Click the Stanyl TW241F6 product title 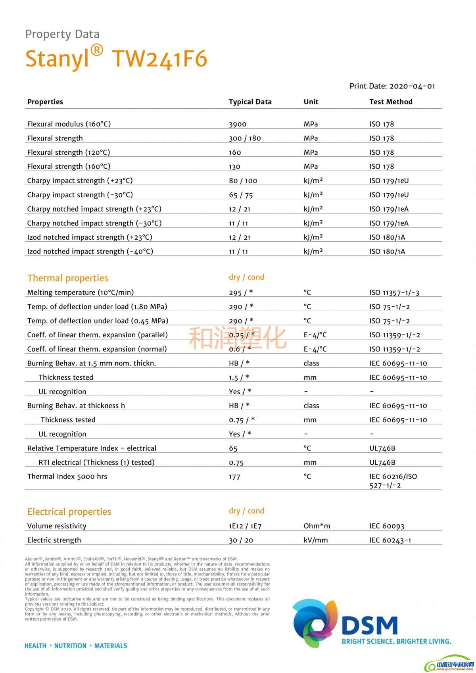pyautogui.click(x=116, y=59)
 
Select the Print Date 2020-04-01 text pyautogui.click(x=392, y=86)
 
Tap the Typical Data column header pyautogui.click(x=250, y=102)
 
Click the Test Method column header pyautogui.click(x=391, y=102)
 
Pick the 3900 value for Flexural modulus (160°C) pyautogui.click(x=237, y=124)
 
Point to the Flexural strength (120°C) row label pyautogui.click(x=68, y=152)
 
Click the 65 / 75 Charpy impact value pyautogui.click(x=240, y=195)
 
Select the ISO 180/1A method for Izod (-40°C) pyautogui.click(x=387, y=252)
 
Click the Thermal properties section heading pyautogui.click(x=67, y=278)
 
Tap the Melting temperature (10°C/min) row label pyautogui.click(x=80, y=292)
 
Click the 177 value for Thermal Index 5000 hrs pyautogui.click(x=234, y=477)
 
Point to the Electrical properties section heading pyautogui.click(x=69, y=512)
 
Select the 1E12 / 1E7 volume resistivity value pyautogui.click(x=245, y=526)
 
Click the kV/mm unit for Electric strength pyautogui.click(x=315, y=540)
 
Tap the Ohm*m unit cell pyautogui.click(x=317, y=526)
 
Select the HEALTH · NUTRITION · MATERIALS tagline pyautogui.click(x=76, y=646)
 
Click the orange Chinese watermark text pyautogui.click(x=237, y=338)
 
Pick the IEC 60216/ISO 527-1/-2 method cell pyautogui.click(x=393, y=481)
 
